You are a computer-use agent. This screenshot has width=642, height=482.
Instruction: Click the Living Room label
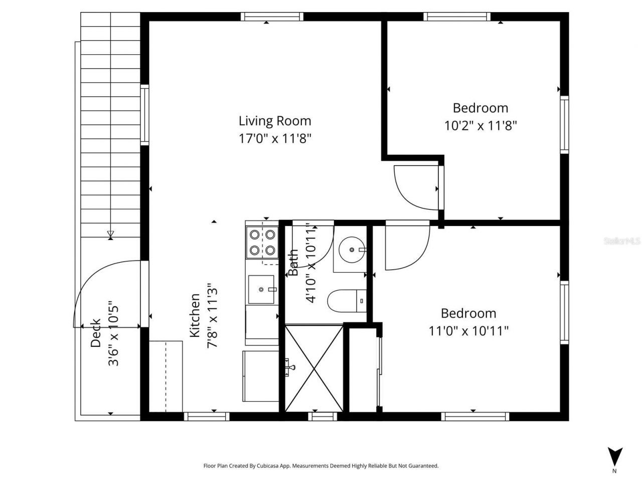(x=274, y=121)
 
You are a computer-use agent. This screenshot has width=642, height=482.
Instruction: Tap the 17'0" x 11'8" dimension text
(x=275, y=139)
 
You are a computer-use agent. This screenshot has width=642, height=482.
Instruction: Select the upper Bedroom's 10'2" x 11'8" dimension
(x=480, y=126)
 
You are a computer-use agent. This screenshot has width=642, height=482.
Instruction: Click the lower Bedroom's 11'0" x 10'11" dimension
(x=468, y=331)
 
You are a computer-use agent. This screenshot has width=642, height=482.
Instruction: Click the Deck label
(x=95, y=333)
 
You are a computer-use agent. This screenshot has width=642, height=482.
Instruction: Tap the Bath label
(x=293, y=263)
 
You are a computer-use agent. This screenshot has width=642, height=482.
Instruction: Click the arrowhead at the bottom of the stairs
(x=110, y=233)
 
